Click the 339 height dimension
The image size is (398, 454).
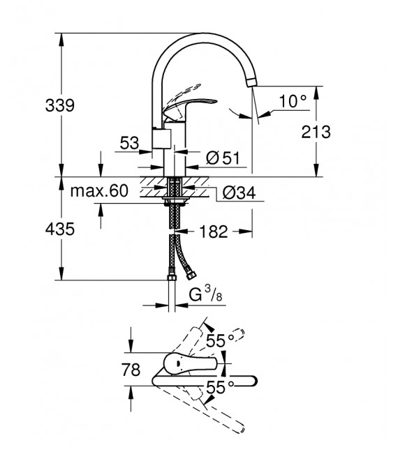[61, 107]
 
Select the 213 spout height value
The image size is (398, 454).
[314, 130]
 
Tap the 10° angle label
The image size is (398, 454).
[293, 100]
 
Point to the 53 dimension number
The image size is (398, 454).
[129, 143]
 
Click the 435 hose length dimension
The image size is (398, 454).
[60, 228]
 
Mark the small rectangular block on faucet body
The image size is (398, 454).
[161, 140]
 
